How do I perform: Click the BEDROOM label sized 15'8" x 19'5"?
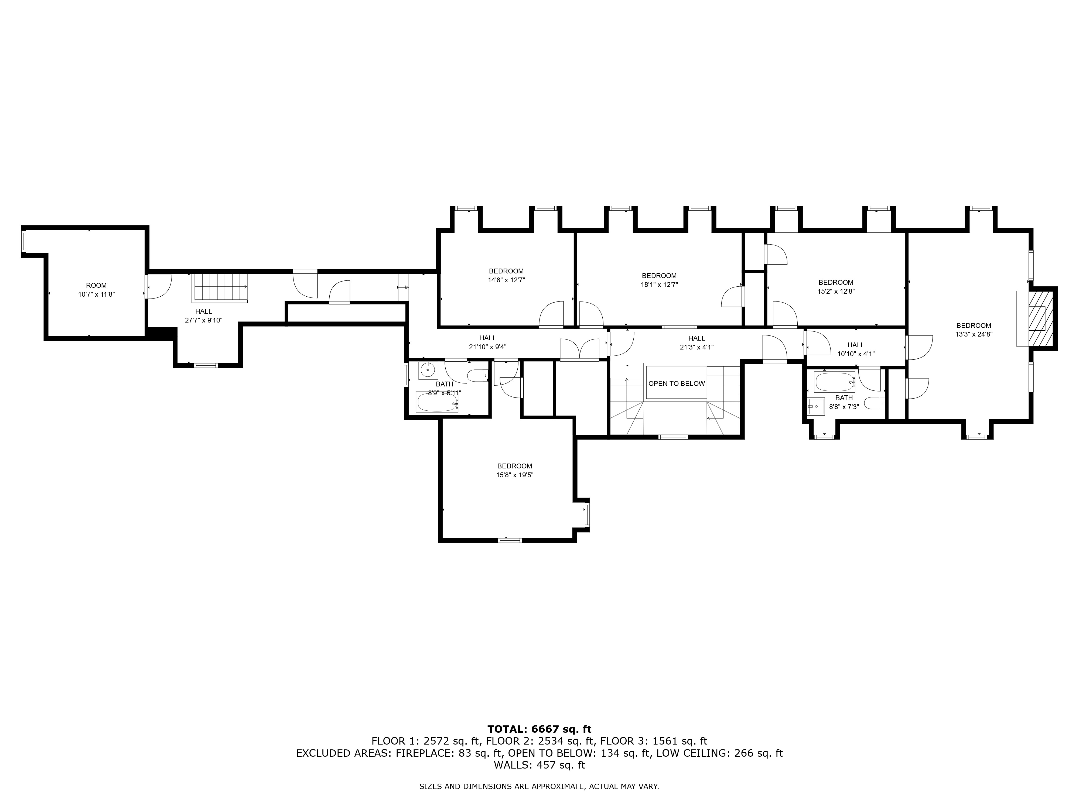[515, 466]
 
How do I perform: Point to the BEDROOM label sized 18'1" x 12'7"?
[659, 276]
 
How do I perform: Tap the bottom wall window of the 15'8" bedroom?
[510, 540]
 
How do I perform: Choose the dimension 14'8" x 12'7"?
[506, 280]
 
